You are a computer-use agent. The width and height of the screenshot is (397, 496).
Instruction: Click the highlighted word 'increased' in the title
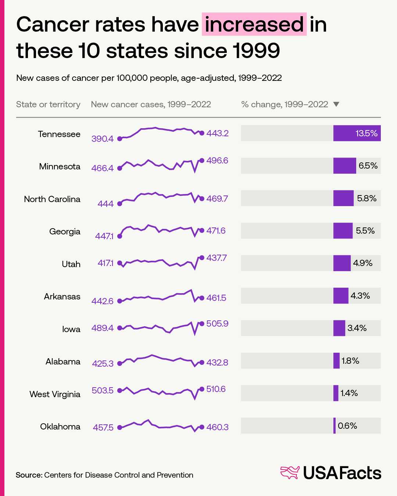coord(254,24)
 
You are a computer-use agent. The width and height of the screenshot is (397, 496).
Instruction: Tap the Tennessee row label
coord(59,134)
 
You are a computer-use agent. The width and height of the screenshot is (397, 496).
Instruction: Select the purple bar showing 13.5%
coord(357,133)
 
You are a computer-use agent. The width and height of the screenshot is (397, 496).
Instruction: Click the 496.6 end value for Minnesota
coord(217,161)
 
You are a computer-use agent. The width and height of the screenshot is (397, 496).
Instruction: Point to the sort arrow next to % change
coord(336,104)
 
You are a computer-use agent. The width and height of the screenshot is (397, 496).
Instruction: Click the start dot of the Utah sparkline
coord(119,263)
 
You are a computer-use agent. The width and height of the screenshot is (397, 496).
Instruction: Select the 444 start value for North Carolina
coord(105,204)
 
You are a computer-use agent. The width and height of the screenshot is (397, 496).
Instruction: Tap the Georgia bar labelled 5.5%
coord(343,231)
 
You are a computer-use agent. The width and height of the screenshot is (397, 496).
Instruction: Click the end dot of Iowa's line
coord(201,324)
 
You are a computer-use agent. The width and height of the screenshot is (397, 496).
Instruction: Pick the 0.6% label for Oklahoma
coord(347,426)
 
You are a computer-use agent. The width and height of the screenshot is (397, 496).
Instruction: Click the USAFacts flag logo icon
coord(290,472)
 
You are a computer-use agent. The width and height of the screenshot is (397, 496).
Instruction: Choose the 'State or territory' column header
coord(48,104)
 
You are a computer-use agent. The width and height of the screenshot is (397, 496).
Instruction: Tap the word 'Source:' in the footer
coord(29,475)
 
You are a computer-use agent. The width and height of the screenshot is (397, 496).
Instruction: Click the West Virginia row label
coord(55,394)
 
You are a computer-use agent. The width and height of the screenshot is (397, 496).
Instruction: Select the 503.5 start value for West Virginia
coord(103,390)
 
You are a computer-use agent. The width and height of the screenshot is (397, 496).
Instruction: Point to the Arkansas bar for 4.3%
coord(341,296)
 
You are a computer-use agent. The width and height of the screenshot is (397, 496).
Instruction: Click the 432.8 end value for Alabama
coord(217,363)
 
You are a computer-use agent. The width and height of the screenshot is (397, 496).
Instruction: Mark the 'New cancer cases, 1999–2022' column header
coord(151,104)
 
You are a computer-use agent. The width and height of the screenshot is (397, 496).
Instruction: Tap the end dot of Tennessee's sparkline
coord(201,133)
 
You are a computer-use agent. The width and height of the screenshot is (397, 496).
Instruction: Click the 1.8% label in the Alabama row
coord(350,361)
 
